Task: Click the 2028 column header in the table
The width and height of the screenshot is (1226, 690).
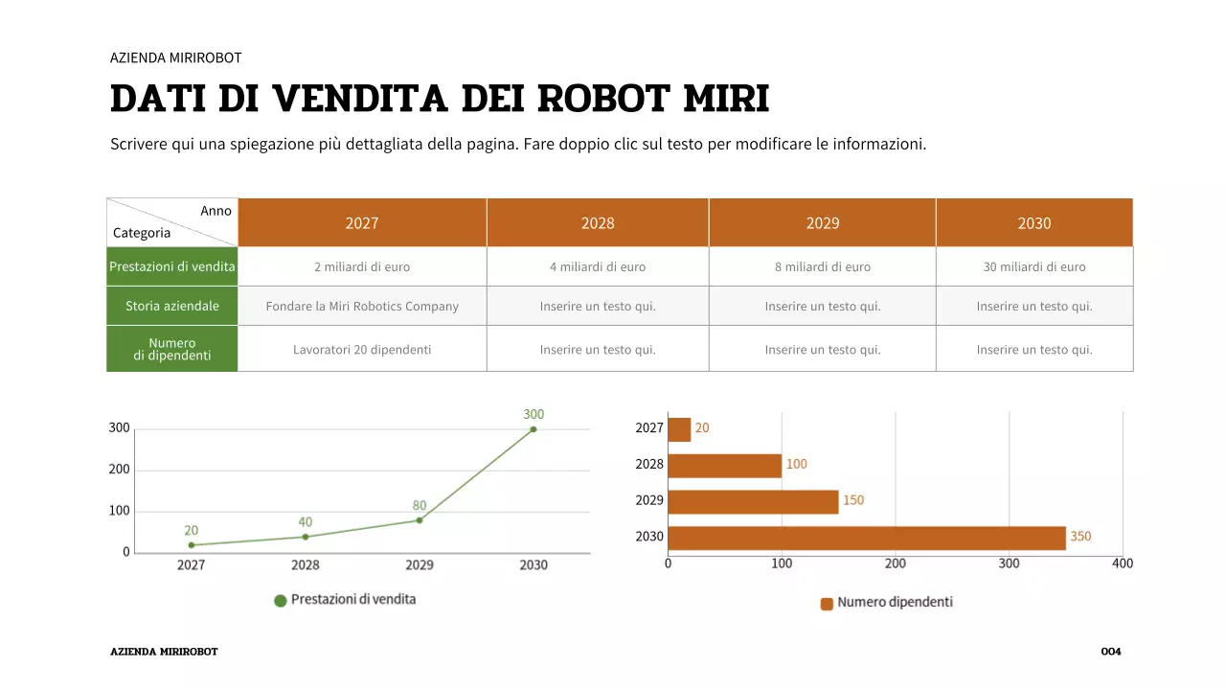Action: (598, 223)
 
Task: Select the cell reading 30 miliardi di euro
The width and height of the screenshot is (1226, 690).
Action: (1034, 267)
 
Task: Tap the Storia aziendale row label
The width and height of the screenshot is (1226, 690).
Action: (172, 307)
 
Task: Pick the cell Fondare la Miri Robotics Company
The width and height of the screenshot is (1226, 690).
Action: (362, 307)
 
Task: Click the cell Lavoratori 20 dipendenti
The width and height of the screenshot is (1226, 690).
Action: (362, 350)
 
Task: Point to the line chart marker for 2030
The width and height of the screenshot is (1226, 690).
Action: (534, 429)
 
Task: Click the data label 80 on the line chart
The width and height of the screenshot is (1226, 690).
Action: (420, 505)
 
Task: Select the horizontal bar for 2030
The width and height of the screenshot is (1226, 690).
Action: (866, 538)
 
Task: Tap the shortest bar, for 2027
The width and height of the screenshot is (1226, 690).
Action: (679, 429)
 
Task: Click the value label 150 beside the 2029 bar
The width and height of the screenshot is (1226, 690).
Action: (852, 500)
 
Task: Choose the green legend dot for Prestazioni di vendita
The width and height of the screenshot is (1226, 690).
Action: (281, 601)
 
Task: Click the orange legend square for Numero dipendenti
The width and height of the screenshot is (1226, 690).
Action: (827, 604)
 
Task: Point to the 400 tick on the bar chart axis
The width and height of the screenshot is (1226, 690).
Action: (1123, 563)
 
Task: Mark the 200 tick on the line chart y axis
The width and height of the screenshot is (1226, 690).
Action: (119, 470)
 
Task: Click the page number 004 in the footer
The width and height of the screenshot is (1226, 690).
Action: (1111, 652)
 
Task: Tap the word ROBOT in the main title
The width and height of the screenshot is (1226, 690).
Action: (603, 99)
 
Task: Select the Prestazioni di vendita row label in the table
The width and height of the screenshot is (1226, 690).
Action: (172, 266)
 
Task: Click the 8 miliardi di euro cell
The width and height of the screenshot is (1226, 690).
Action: (823, 267)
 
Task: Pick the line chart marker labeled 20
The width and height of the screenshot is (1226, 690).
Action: (192, 545)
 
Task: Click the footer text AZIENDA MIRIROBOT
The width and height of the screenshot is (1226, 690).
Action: (164, 652)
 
